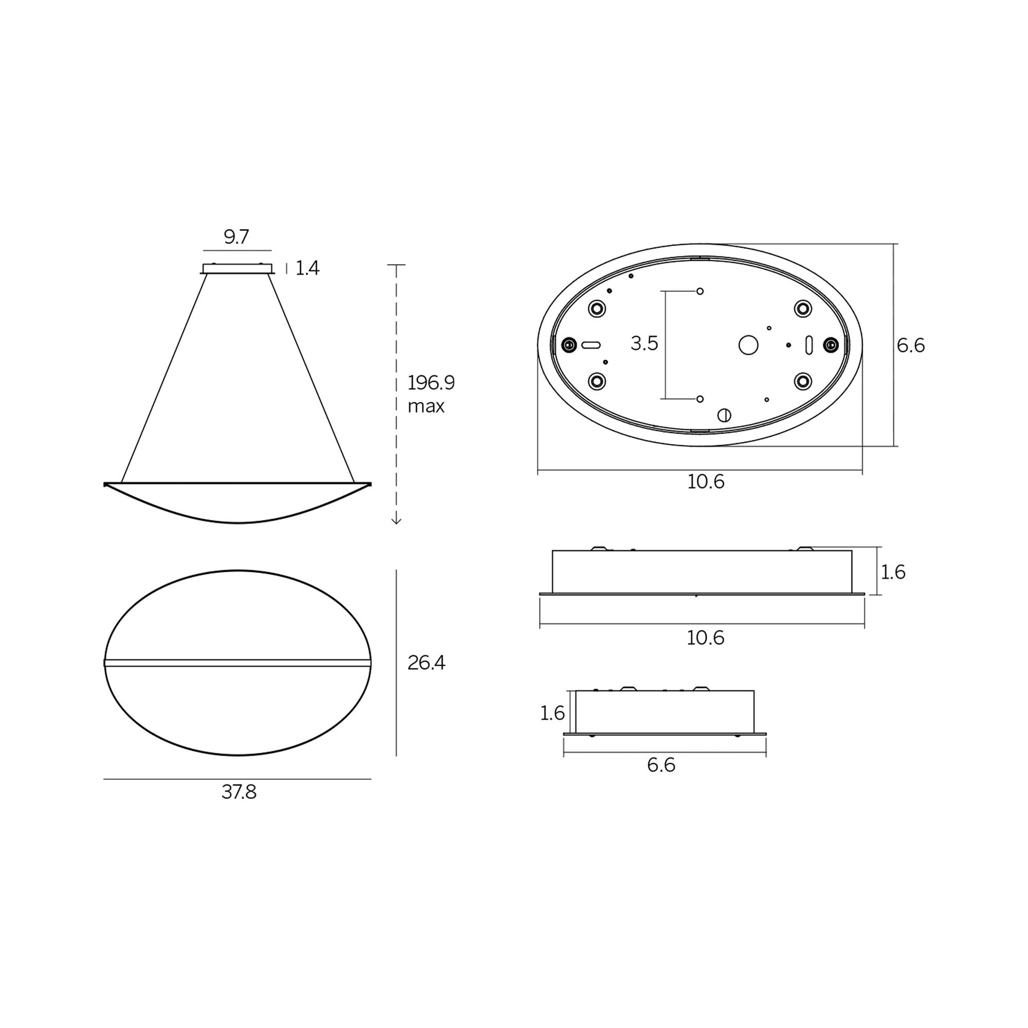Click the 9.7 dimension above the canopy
click(x=236, y=237)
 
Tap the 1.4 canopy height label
click(x=307, y=268)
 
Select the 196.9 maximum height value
click(x=431, y=382)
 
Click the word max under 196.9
click(x=426, y=407)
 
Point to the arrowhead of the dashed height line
click(x=396, y=521)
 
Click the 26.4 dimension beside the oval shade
click(x=426, y=662)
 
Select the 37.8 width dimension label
click(x=239, y=792)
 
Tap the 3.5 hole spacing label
click(x=644, y=344)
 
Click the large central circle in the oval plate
click(x=748, y=345)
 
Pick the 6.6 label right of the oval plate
click(x=910, y=345)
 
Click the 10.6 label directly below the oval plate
click(x=706, y=482)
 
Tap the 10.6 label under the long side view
click(x=705, y=638)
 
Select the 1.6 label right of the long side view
click(x=893, y=572)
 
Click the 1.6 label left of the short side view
click(x=552, y=713)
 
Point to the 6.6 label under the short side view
click(x=661, y=765)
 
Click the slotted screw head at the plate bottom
click(x=724, y=415)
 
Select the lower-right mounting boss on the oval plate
click(x=802, y=381)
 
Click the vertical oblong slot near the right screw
click(x=809, y=345)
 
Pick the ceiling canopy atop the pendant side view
click(x=237, y=269)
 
